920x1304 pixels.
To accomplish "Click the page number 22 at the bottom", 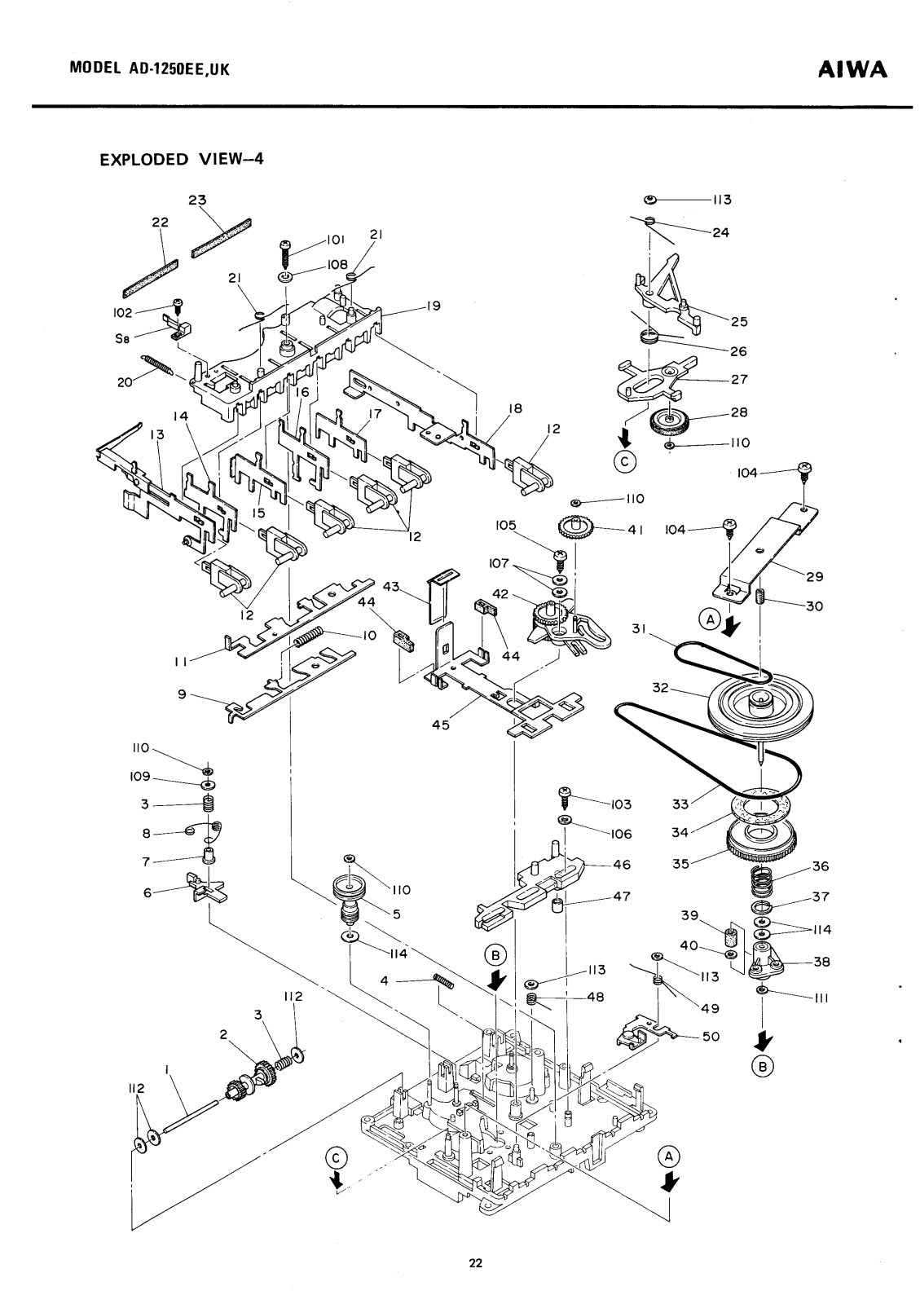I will (x=475, y=1264).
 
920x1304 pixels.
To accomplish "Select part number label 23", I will (x=197, y=200).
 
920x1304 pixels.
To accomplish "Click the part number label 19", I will (x=432, y=306).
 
